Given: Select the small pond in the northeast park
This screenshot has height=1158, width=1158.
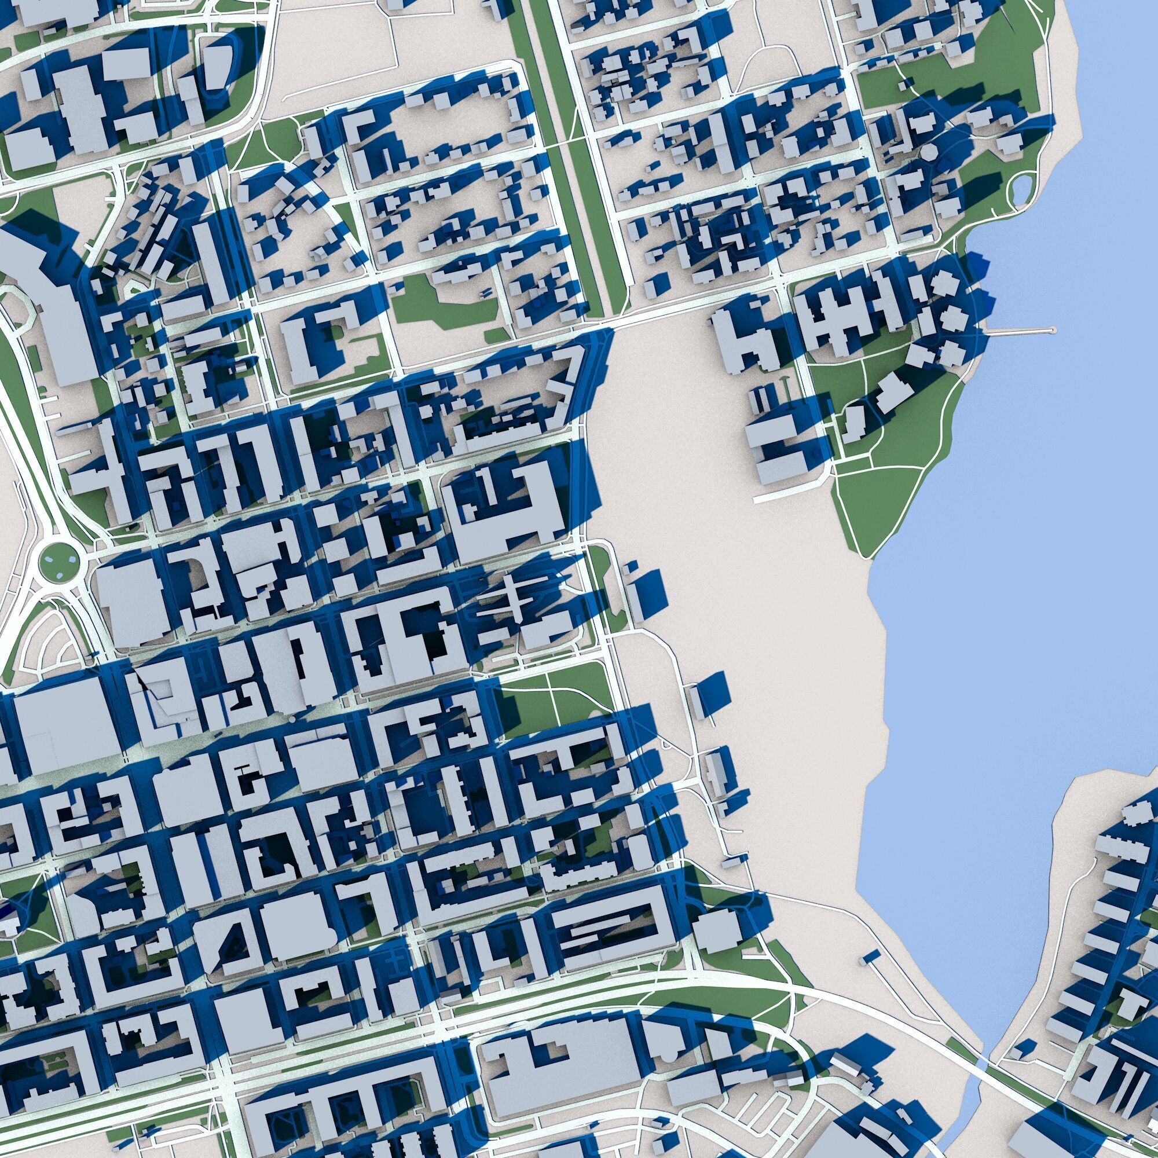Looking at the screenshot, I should tap(1018, 190).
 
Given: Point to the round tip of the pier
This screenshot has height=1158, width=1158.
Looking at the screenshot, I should tap(1053, 329).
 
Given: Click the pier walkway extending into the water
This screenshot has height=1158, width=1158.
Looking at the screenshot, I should tap(1019, 330).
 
